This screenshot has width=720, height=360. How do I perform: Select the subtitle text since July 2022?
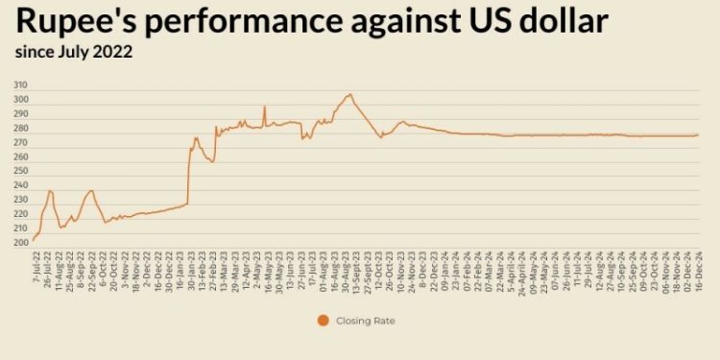pyautogui.click(x=74, y=53)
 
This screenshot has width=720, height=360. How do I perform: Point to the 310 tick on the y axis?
pyautogui.click(x=20, y=85)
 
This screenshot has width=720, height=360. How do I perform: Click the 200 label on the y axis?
pyautogui.click(x=20, y=242)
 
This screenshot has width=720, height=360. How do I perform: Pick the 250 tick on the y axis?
pyautogui.click(x=20, y=171)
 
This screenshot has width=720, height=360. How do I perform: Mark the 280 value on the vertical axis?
pyautogui.click(x=20, y=128)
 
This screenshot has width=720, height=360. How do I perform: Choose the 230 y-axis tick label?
pyautogui.click(x=20, y=200)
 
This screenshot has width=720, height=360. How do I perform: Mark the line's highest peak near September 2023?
pyautogui.click(x=350, y=94)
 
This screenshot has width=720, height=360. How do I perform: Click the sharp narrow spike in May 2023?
pyautogui.click(x=264, y=107)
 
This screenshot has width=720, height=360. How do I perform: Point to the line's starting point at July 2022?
pyautogui.click(x=33, y=240)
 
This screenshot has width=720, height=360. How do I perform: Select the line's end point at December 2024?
pyautogui.click(x=698, y=134)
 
